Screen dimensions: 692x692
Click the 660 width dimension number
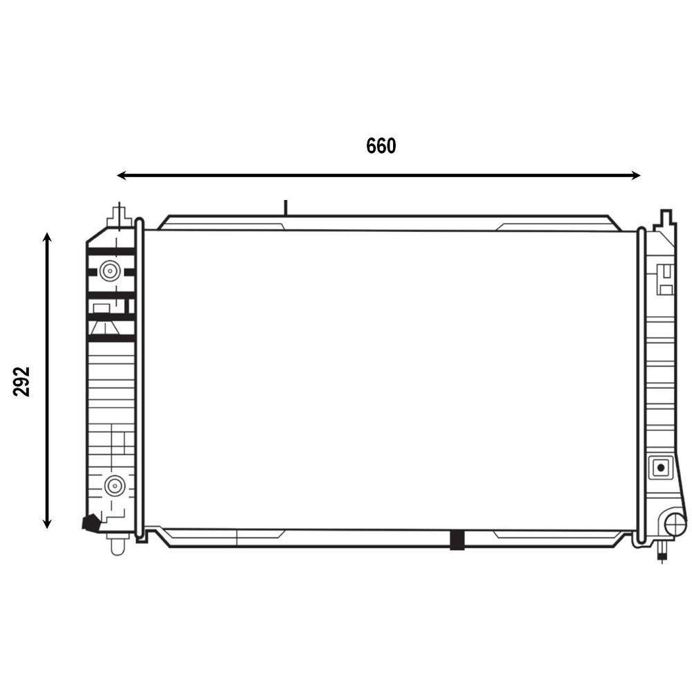click(x=381, y=146)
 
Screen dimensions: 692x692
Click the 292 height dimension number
click(x=21, y=381)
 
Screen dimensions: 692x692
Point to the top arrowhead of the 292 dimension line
click(x=47, y=237)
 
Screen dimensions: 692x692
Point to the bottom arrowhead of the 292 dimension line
click(x=47, y=523)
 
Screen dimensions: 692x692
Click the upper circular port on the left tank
click(x=109, y=271)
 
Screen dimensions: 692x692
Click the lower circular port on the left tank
click(x=115, y=486)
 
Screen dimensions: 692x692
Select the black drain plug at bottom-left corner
click(x=91, y=522)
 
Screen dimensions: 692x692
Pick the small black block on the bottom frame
click(x=457, y=540)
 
